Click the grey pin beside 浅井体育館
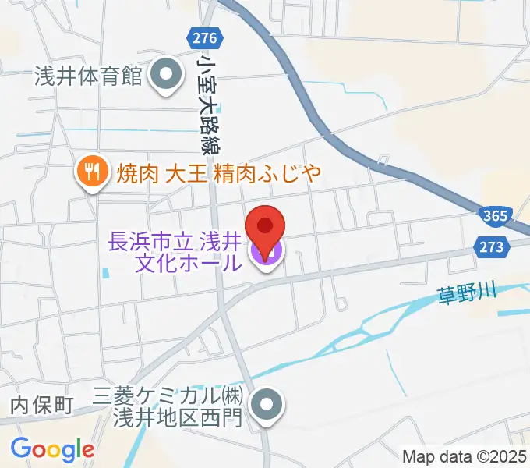coord(164,77)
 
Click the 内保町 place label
coord(41,405)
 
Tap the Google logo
coord(52,449)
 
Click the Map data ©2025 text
coord(465,456)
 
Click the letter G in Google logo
coord(21,448)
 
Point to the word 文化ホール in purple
coord(188,264)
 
